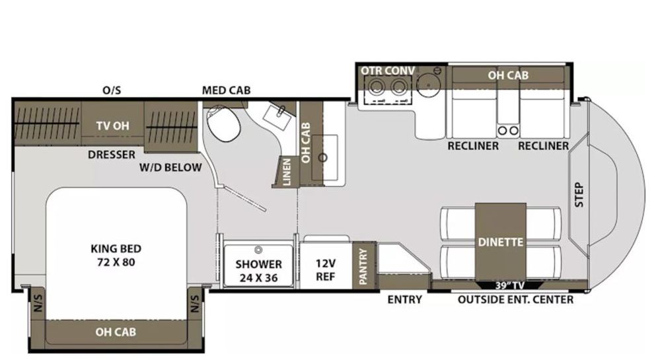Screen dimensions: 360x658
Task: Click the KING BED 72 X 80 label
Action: pyautogui.click(x=116, y=255)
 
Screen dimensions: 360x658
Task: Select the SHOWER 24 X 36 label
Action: pyautogui.click(x=259, y=271)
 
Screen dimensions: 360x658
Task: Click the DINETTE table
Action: pyautogui.click(x=500, y=242)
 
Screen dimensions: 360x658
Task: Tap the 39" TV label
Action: pyautogui.click(x=509, y=285)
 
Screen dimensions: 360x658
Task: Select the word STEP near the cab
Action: pyautogui.click(x=579, y=195)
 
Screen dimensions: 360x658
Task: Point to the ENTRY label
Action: pyautogui.click(x=404, y=300)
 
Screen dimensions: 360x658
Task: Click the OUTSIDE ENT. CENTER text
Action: pyautogui.click(x=516, y=300)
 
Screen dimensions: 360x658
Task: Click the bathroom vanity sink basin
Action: pyautogui.click(x=277, y=116)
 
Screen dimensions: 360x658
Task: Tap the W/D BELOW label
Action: pyautogui.click(x=170, y=168)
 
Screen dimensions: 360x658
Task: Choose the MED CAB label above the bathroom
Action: pyautogui.click(x=226, y=90)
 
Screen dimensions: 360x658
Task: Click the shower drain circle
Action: pyautogui.click(x=259, y=250)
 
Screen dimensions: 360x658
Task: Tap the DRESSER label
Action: pyautogui.click(x=112, y=155)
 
